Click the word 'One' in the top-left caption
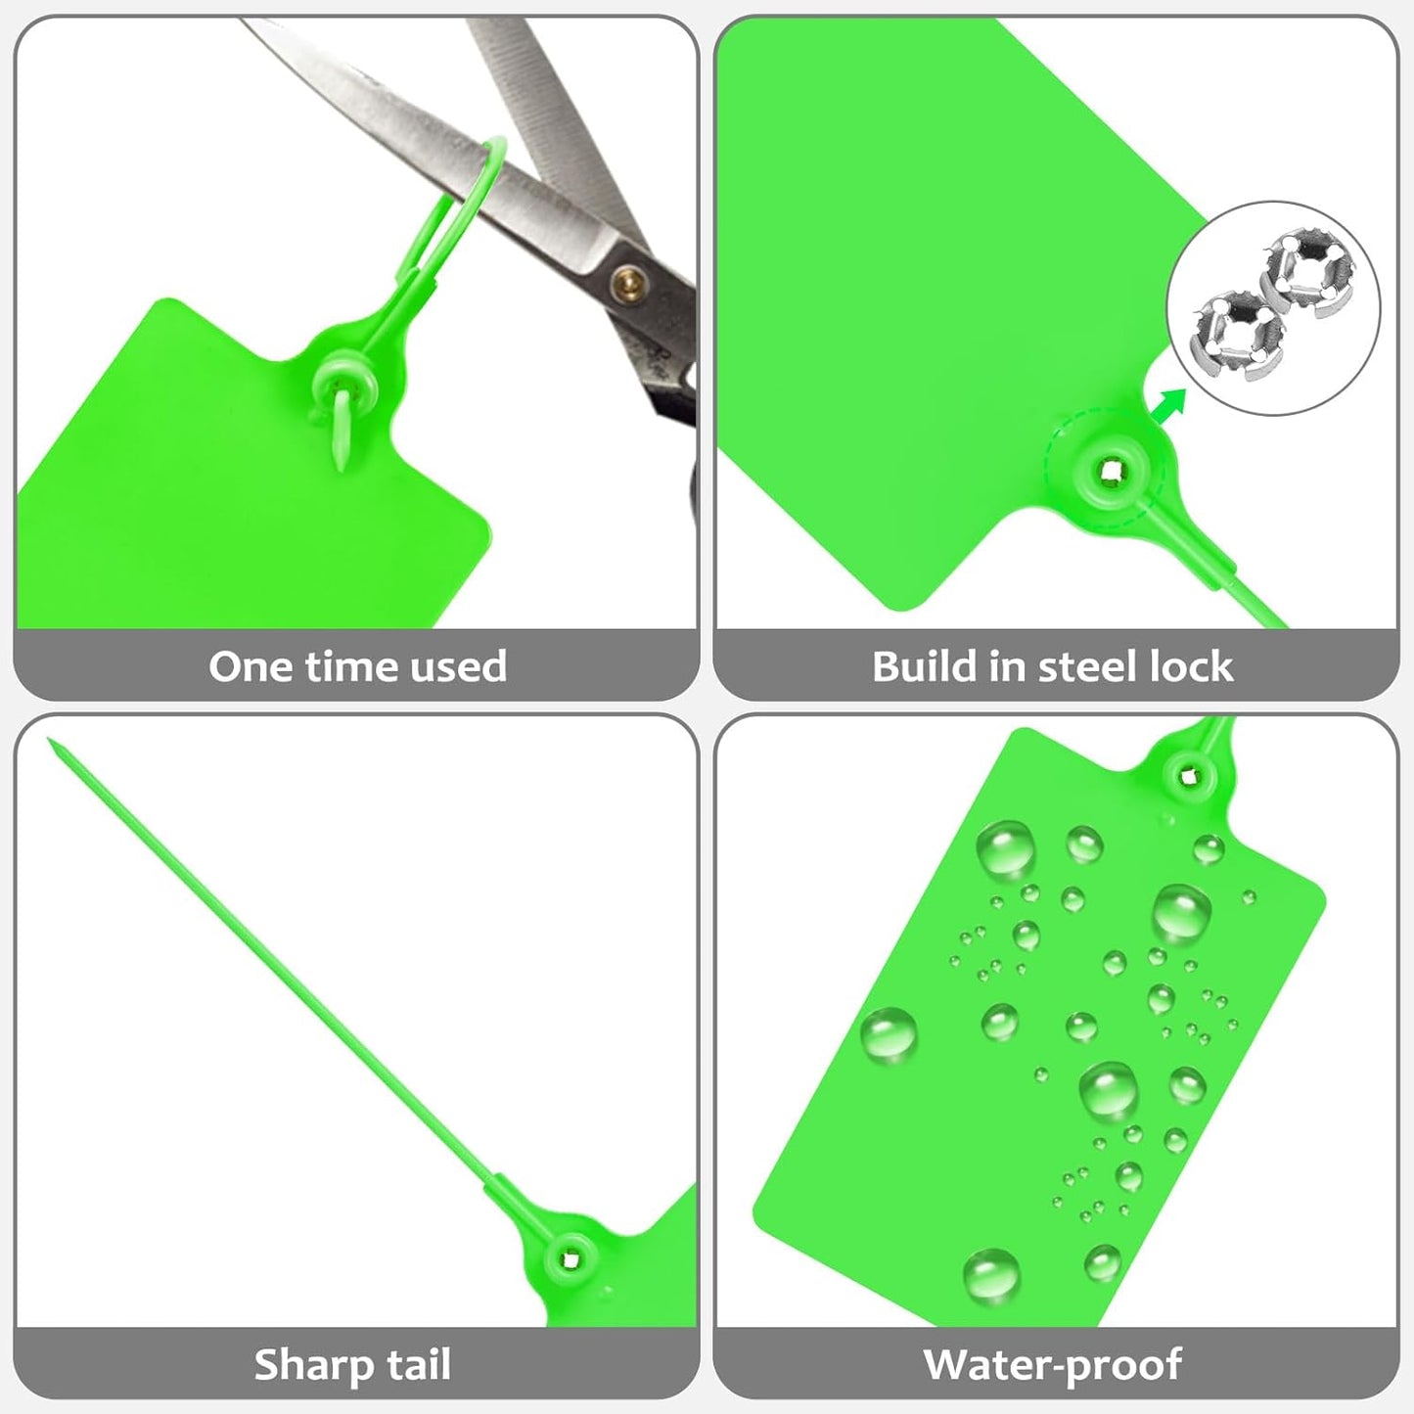click(251, 666)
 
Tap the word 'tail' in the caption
click(418, 1365)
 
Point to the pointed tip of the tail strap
click(51, 743)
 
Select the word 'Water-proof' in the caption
click(1052, 1365)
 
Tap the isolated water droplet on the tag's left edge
click(889, 1034)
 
